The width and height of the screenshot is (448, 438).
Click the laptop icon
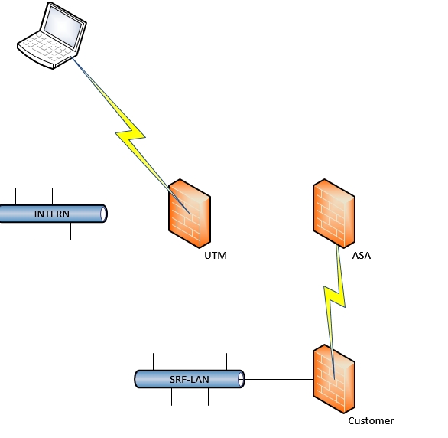click(52, 35)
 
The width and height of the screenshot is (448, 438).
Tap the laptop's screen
click(63, 27)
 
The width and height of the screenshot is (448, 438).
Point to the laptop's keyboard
click(46, 47)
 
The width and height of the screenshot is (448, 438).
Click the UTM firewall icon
click(190, 214)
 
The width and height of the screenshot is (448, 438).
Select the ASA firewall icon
click(334, 214)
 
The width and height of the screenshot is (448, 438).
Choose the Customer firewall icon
click(334, 379)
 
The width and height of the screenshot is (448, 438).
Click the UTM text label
click(216, 256)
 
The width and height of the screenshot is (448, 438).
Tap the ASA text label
click(362, 256)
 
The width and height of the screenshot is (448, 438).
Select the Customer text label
click(371, 421)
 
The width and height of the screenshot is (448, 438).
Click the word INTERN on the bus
click(52, 214)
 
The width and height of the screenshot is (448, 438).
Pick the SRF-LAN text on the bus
click(190, 379)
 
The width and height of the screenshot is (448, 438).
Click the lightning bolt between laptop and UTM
click(131, 135)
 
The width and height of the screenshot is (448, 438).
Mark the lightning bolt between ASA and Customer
click(334, 298)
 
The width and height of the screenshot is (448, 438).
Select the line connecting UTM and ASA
click(261, 214)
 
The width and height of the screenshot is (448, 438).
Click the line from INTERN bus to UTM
click(138, 214)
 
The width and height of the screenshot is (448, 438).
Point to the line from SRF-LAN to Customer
click(279, 379)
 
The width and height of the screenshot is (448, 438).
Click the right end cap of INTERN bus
click(103, 214)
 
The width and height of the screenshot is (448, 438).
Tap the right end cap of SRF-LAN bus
click(241, 379)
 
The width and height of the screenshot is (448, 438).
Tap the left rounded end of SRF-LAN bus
click(138, 379)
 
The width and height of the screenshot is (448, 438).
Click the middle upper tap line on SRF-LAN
click(190, 361)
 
